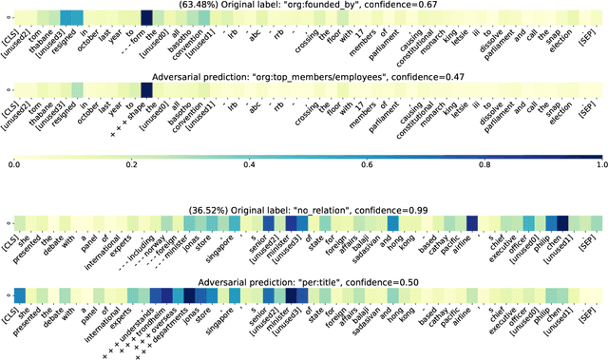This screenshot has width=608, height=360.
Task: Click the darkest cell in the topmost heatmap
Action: point(146,17)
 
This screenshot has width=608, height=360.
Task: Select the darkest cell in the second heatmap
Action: point(146,87)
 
